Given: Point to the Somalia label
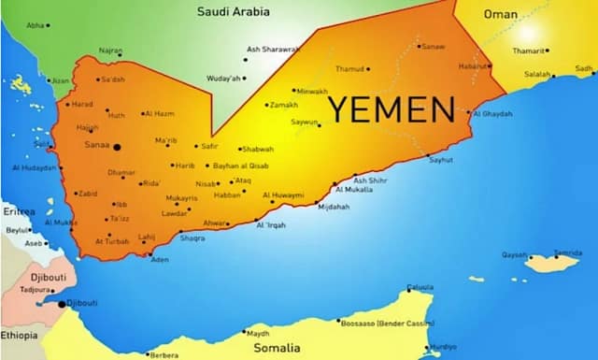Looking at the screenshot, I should click(x=278, y=347).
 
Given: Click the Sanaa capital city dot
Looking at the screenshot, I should click(x=116, y=146).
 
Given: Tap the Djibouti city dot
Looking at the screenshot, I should click(x=63, y=304).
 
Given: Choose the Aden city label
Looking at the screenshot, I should click(x=160, y=258).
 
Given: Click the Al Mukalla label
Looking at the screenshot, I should click(x=354, y=190).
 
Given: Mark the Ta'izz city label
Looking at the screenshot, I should click(x=120, y=218).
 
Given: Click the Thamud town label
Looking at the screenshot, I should click(x=349, y=68).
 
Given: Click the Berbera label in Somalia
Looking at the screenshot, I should click(x=164, y=354).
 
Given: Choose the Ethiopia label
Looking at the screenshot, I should click(x=19, y=335).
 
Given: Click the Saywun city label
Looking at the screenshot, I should click(x=304, y=122).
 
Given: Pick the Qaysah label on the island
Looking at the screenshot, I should click(x=514, y=254).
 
